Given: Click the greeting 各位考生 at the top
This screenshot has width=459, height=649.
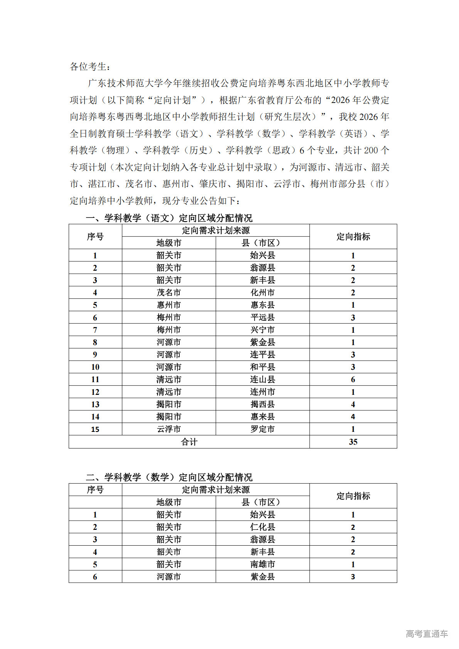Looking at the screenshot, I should click(x=88, y=67).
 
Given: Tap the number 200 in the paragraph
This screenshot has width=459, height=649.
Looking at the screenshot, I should click(x=371, y=150).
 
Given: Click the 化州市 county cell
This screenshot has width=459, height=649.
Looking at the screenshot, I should click(x=262, y=293).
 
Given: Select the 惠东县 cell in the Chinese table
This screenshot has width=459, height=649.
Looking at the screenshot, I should click(x=262, y=305).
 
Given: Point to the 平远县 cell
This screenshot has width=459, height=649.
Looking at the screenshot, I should click(x=262, y=317).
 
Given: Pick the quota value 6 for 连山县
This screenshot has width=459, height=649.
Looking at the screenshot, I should click(x=353, y=379).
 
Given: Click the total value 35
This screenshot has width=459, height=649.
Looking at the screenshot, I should click(x=353, y=442).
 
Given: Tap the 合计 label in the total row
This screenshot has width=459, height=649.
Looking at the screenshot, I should click(x=189, y=442).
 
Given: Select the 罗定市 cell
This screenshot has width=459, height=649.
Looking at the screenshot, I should click(x=262, y=429).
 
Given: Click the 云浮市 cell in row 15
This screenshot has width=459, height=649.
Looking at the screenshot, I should click(x=169, y=429).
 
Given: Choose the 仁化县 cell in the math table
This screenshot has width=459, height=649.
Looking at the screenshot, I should click(x=262, y=527).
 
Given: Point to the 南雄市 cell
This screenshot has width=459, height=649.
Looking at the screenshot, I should click(x=262, y=565).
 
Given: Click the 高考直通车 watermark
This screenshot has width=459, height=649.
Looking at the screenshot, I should click(x=427, y=634).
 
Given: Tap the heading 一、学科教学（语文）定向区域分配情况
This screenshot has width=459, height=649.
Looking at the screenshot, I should click(x=169, y=218).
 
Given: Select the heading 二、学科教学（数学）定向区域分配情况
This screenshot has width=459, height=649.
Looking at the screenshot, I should click(x=169, y=477).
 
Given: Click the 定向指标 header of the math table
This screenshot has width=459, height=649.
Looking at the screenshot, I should click(x=353, y=496).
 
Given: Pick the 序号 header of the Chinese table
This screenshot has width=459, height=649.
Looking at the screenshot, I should click(x=95, y=236).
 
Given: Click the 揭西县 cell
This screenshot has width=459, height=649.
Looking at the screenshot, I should click(x=262, y=405).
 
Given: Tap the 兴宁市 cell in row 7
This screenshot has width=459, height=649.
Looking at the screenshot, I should click(x=262, y=330).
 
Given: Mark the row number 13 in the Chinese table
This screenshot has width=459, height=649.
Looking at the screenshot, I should click(x=95, y=405).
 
